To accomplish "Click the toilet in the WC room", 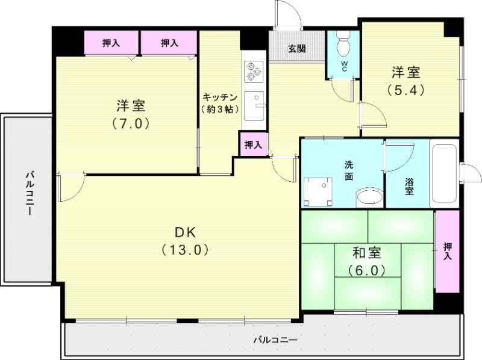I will point(343,46).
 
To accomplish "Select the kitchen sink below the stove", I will point(256,105).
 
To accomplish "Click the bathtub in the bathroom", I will point(444,175).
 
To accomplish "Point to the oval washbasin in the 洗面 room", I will point(369,196).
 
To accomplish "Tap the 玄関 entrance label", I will point(296,48).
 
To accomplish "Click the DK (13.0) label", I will point(185,241).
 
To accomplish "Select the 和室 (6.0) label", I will point(367,261).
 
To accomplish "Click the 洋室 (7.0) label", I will point(131,114).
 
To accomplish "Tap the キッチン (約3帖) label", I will point(220,103).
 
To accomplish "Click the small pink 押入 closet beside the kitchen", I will point(252,144).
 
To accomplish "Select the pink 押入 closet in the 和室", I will point(446,252).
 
